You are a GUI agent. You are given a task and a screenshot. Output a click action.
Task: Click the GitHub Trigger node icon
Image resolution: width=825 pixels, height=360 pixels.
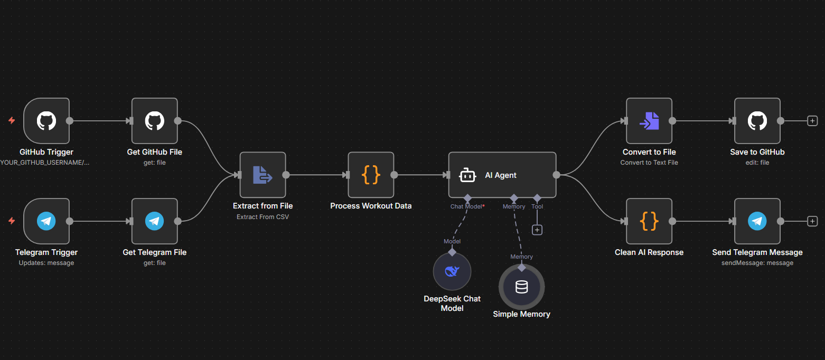pyautogui.click(x=46, y=121)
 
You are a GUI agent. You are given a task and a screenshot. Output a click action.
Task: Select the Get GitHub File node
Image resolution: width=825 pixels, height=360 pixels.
pyautogui.click(x=154, y=121)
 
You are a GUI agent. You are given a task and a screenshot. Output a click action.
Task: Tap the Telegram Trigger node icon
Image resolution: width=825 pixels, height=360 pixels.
pyautogui.click(x=46, y=221)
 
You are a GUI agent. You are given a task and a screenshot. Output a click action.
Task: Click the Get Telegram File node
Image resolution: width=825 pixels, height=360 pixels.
pyautogui.click(x=154, y=221)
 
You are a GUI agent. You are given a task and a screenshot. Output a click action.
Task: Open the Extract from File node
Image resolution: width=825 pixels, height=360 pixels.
pyautogui.click(x=262, y=175)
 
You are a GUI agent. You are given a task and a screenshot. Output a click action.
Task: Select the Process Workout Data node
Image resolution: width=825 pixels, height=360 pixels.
pyautogui.click(x=371, y=175)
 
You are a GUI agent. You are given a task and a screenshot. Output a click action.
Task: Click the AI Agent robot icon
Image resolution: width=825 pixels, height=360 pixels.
pyautogui.click(x=467, y=175)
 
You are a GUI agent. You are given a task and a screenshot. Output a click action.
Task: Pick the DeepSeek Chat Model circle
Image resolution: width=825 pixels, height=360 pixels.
pyautogui.click(x=452, y=271)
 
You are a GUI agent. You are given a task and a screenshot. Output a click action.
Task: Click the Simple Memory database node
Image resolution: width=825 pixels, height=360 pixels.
pyautogui.click(x=521, y=287)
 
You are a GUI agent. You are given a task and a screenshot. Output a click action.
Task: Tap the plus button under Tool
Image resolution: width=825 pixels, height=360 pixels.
pyautogui.click(x=537, y=230)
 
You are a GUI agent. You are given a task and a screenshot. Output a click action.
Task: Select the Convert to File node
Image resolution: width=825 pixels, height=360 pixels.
pyautogui.click(x=649, y=121)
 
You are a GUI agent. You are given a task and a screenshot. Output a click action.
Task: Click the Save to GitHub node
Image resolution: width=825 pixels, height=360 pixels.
pyautogui.click(x=757, y=121)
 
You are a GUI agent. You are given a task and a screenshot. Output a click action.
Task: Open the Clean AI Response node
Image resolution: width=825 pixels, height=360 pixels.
pyautogui.click(x=649, y=221)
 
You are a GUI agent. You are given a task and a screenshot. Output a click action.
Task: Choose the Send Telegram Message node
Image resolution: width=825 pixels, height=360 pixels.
pyautogui.click(x=757, y=221)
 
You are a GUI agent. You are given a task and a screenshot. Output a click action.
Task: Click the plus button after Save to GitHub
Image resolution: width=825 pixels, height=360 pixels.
pyautogui.click(x=812, y=121)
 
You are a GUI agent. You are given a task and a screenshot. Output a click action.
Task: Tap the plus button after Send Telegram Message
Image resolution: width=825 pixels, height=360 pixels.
pyautogui.click(x=812, y=221)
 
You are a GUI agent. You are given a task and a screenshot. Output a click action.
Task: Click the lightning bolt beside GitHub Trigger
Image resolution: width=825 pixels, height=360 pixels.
pyautogui.click(x=12, y=121)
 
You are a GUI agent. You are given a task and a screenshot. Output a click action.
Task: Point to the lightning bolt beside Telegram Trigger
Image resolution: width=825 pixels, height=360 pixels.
pyautogui.click(x=12, y=221)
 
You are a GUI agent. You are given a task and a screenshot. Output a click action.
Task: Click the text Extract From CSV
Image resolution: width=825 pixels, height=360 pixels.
pyautogui.click(x=262, y=216)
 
